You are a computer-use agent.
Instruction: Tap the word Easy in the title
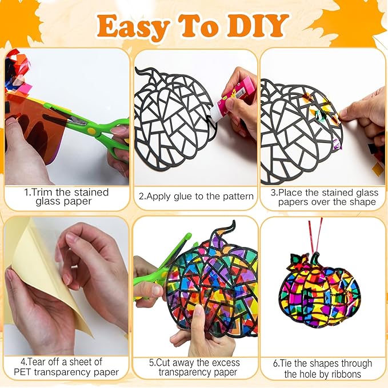point(134,27)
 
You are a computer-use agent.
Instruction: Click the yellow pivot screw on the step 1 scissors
point(91,131)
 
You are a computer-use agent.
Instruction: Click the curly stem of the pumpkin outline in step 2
point(144,71)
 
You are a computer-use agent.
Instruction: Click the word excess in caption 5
point(226,363)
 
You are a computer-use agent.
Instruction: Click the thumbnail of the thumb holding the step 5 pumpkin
point(198,311)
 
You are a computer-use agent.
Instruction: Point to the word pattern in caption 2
point(238,197)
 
